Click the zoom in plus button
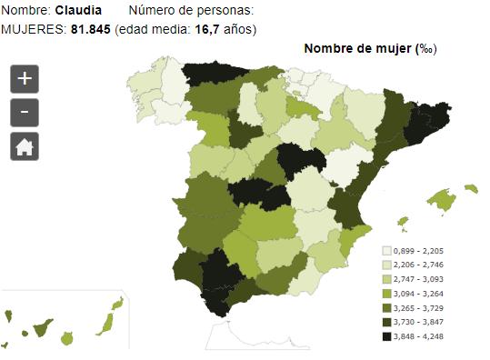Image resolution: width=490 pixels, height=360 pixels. [x=24, y=79]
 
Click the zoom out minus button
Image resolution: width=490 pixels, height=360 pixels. [x=24, y=113]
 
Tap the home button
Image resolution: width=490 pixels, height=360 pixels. [x=24, y=146]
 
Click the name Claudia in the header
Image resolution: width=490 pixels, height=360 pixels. [x=79, y=11]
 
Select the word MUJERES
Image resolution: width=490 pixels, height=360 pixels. [x=34, y=29]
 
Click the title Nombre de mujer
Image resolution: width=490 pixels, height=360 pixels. [x=357, y=48]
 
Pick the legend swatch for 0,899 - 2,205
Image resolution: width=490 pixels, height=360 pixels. [x=386, y=250]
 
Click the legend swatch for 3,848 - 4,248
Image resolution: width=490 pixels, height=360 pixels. [x=386, y=337]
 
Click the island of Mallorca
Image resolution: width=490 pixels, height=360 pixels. [x=441, y=200]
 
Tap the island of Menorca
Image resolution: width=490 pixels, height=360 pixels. [x=470, y=188]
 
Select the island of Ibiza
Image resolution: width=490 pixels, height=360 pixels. [x=402, y=220]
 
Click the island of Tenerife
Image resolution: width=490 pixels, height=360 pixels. [x=41, y=325]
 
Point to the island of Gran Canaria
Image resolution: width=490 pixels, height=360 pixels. [x=67, y=337]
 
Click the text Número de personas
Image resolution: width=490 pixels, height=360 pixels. [x=191, y=11]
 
